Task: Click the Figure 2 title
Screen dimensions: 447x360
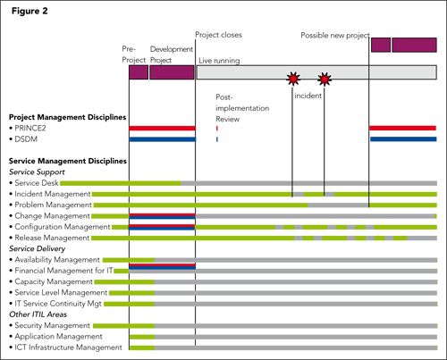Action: [30, 11]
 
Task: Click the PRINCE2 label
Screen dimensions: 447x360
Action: [30, 129]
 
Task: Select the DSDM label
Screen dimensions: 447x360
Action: [26, 139]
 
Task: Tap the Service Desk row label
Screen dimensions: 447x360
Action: [37, 183]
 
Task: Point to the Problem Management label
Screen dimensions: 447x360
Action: [53, 205]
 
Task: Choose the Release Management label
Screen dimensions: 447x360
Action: [52, 238]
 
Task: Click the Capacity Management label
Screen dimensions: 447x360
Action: [54, 281]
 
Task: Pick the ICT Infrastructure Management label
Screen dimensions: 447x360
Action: [68, 347]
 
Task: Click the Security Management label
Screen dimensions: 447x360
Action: [52, 325]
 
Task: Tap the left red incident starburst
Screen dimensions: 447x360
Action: [293, 79]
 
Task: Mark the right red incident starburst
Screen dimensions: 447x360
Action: [325, 80]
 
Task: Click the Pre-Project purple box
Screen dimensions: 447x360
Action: [139, 72]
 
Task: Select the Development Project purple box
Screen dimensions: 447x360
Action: [172, 72]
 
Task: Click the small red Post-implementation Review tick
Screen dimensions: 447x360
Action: [217, 129]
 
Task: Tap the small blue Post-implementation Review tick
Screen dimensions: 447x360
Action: [217, 139]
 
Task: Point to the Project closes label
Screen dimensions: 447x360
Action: [218, 35]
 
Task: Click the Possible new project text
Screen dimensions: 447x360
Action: [335, 36]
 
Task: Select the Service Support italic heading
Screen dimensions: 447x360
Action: [37, 172]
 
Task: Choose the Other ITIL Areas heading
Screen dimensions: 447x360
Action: [38, 314]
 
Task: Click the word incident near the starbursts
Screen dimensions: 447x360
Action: [308, 96]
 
